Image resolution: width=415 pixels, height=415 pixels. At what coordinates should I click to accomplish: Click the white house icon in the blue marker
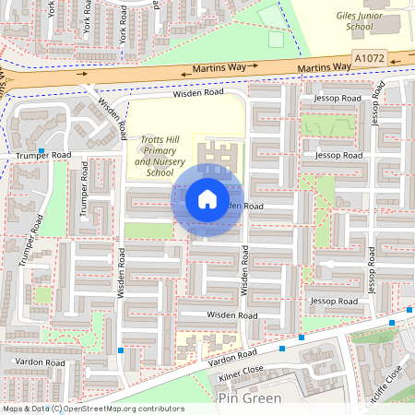click(207, 198)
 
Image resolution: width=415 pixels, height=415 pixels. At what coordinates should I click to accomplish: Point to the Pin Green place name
click(248, 397)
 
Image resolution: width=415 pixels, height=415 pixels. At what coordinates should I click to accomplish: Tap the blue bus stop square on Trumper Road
click(41, 149)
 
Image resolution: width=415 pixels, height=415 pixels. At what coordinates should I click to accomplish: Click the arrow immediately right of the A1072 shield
click(403, 55)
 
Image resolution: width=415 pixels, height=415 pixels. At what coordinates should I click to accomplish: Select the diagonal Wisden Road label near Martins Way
click(109, 119)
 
